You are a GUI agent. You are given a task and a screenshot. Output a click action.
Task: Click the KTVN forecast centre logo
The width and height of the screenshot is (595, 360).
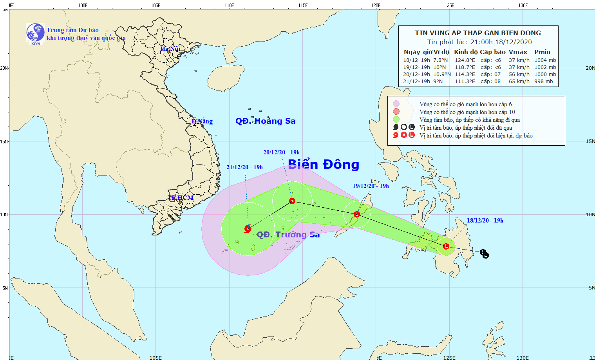(x=35, y=33)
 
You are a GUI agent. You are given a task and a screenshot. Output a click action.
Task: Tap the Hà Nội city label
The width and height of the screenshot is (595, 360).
(x=170, y=49)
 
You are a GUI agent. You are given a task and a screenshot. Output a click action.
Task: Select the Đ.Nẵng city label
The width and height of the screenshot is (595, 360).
(x=202, y=121)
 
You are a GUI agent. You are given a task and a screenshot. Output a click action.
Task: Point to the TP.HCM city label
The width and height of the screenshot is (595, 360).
(x=181, y=198)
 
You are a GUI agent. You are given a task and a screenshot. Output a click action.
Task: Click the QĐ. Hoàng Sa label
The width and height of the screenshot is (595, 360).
(x=265, y=121)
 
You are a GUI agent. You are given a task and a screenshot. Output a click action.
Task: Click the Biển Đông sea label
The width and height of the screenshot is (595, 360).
(x=324, y=165)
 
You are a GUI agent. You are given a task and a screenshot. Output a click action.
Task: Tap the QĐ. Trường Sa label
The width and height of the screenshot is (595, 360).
(x=288, y=235)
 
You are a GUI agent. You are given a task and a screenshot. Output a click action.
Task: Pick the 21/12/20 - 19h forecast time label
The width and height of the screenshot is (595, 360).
(x=244, y=167)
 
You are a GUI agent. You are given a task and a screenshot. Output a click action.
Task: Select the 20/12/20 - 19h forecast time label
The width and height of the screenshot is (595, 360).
(x=281, y=152)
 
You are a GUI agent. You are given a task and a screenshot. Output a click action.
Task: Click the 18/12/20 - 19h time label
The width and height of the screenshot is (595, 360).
(x=485, y=221)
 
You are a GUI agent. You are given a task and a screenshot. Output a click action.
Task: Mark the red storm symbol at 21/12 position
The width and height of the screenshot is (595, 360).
(x=248, y=229)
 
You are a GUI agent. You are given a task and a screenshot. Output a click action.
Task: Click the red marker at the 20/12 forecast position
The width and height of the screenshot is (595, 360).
(x=292, y=201)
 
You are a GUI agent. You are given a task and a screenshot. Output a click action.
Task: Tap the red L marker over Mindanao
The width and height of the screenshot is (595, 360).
(x=446, y=246)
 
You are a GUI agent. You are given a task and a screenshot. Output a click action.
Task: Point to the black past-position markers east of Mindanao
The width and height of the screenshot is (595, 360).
(x=485, y=254)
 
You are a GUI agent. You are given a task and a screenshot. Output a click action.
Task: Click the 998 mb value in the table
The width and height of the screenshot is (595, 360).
(x=544, y=81)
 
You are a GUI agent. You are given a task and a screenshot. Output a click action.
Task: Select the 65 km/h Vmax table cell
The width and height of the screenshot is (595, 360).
(x=519, y=81)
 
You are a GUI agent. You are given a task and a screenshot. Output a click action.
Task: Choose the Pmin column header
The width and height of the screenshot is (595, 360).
(x=542, y=52)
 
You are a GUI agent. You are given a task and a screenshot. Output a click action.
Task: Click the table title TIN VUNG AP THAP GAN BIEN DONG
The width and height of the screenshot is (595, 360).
(x=479, y=33)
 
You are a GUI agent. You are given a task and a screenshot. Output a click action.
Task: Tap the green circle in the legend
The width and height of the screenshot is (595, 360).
(x=396, y=119)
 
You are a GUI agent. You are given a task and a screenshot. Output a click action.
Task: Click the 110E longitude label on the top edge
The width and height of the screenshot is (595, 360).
(x=229, y=5)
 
